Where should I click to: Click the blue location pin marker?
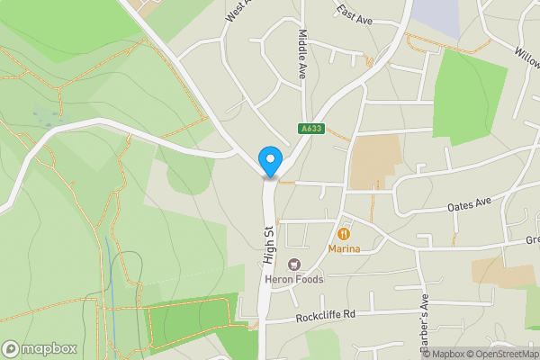click(269, 161)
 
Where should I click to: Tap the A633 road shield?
click(311, 130)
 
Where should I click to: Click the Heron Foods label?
click(293, 279)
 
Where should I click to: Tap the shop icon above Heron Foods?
click(293, 265)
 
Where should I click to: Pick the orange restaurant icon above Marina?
click(344, 234)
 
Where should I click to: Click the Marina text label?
click(344, 248)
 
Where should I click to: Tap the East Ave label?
click(355, 12)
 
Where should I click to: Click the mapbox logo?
click(40, 348)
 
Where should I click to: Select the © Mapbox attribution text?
click(443, 354)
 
